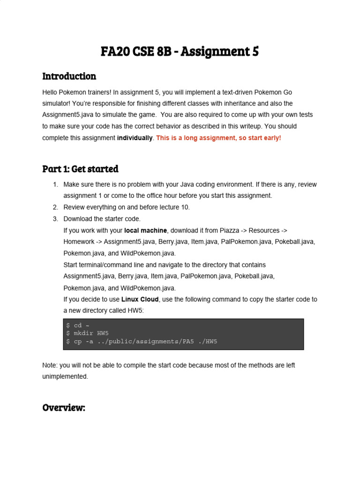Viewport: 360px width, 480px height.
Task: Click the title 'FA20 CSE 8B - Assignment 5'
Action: click(x=180, y=51)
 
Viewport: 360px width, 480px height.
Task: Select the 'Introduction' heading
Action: click(x=69, y=76)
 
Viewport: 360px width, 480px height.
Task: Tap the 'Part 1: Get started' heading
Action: click(x=80, y=169)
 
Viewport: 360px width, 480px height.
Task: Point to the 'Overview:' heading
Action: click(x=64, y=407)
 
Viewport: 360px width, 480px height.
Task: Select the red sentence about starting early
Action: click(x=218, y=138)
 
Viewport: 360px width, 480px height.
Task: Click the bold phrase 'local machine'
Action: click(x=145, y=230)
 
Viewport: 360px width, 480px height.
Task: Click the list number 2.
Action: click(x=55, y=207)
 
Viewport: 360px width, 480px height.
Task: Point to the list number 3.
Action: click(x=55, y=219)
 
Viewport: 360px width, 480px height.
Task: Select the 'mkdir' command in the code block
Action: click(x=83, y=333)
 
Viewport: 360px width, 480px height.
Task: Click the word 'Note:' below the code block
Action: click(x=51, y=365)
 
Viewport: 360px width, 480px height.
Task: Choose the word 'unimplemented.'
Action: click(x=65, y=376)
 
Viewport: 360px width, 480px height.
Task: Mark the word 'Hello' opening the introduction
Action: click(x=51, y=92)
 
